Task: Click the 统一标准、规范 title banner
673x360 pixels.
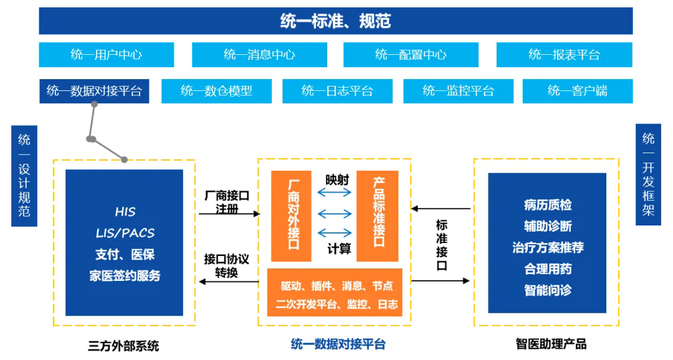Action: (x=336, y=21)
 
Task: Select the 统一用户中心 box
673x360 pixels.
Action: (x=107, y=54)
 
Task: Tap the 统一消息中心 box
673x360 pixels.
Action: (x=259, y=54)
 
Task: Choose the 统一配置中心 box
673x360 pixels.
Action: (x=411, y=54)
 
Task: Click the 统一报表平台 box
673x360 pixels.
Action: (x=565, y=54)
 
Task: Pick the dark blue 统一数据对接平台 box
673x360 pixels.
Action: (x=95, y=91)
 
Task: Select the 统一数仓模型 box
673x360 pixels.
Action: (x=216, y=91)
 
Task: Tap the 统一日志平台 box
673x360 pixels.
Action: (x=337, y=91)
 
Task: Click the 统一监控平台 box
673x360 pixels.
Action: (x=459, y=91)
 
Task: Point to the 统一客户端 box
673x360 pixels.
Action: (x=578, y=91)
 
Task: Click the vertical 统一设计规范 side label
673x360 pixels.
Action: (x=24, y=176)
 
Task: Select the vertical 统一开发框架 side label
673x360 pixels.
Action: (x=648, y=174)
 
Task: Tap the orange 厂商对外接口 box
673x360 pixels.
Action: (x=291, y=216)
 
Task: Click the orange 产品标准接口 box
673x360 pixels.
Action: (x=377, y=216)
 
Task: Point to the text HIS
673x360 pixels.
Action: (x=125, y=212)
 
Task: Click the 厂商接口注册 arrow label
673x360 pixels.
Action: (x=227, y=202)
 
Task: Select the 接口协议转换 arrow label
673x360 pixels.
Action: (x=226, y=265)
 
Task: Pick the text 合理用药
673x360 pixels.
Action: (x=548, y=269)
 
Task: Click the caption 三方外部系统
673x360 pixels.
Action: (x=123, y=346)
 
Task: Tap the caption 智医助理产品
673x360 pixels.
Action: (x=551, y=344)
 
